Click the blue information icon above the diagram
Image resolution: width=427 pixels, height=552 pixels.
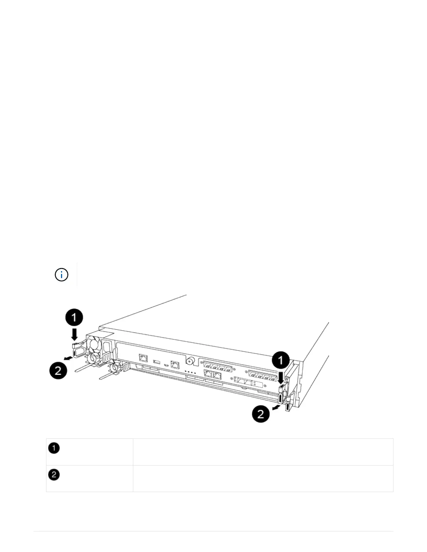(61, 275)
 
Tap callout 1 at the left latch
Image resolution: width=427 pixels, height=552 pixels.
(74, 318)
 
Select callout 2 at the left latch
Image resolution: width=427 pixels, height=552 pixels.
(58, 370)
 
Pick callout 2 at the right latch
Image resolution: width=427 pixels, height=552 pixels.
(261, 414)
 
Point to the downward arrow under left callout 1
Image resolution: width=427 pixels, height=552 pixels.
(74, 335)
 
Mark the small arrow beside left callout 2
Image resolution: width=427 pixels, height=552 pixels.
(69, 358)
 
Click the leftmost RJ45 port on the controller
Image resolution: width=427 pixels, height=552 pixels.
(143, 357)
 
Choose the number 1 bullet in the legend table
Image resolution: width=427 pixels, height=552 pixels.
(54, 448)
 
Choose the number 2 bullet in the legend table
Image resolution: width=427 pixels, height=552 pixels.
(54, 475)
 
